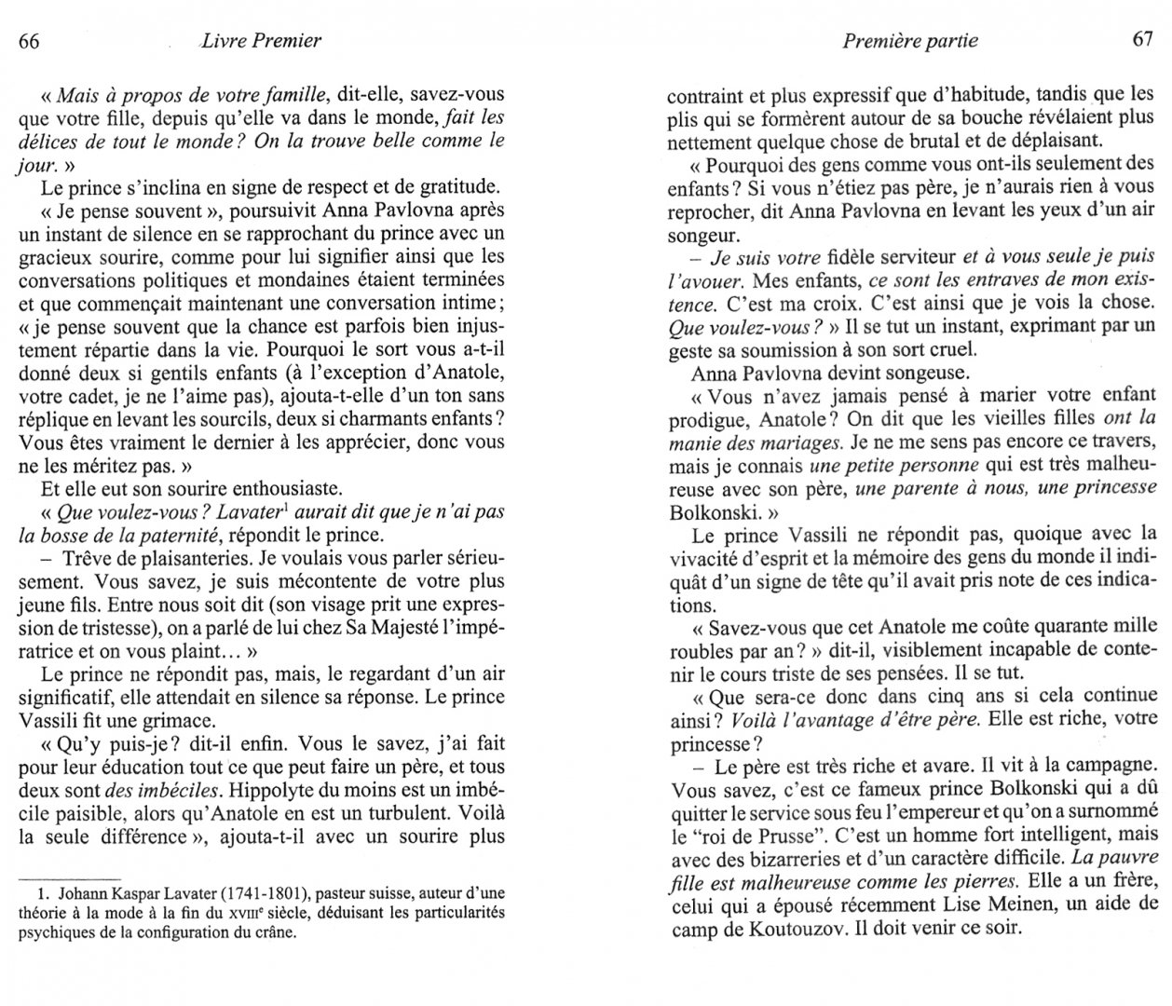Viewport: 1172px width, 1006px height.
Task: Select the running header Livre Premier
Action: tap(261, 40)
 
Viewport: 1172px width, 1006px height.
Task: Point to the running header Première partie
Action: tap(909, 40)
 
